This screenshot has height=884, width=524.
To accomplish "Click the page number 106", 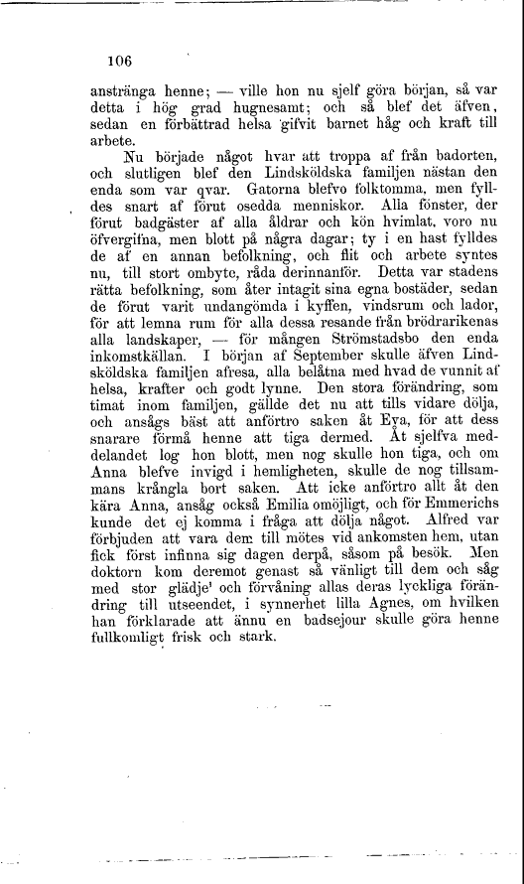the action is [120, 60].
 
